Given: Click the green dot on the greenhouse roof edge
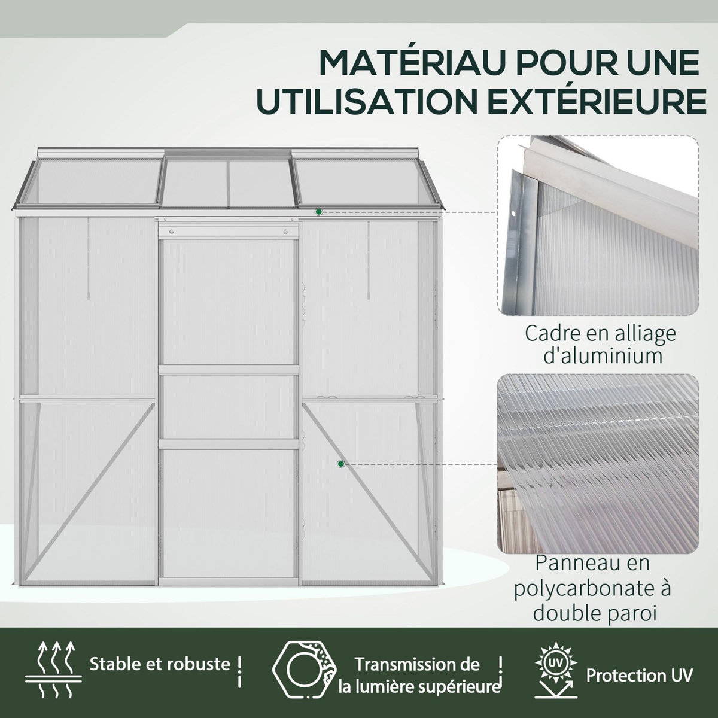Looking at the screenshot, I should [x=319, y=212].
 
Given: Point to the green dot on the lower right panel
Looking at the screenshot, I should [x=340, y=464].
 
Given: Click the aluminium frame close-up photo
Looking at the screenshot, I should [x=598, y=226].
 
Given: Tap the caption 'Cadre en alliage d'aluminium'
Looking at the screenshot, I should [x=600, y=344].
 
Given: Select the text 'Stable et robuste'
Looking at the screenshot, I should [x=160, y=664].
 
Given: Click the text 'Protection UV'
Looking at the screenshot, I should [x=639, y=676].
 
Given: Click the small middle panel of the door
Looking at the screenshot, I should [x=229, y=407].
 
